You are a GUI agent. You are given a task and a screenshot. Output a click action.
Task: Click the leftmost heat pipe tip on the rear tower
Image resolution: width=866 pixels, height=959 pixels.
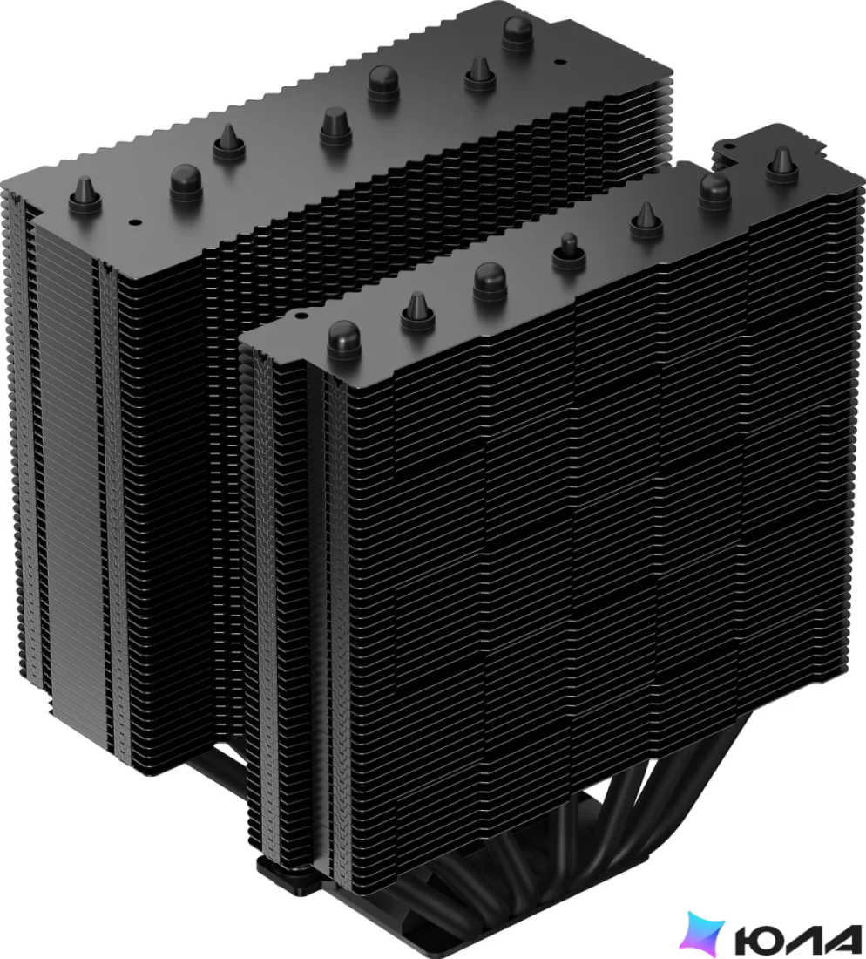(x=85, y=195)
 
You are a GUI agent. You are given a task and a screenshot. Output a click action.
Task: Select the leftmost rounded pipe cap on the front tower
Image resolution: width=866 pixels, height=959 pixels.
(x=344, y=340)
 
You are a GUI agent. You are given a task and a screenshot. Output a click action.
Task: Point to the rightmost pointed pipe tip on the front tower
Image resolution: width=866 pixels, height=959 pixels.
(x=782, y=165)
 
